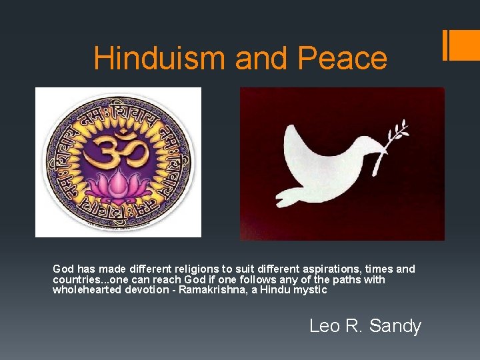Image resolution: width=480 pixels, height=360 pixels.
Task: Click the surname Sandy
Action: pos(395,326)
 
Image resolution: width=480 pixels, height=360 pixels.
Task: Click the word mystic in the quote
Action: pos(309,290)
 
